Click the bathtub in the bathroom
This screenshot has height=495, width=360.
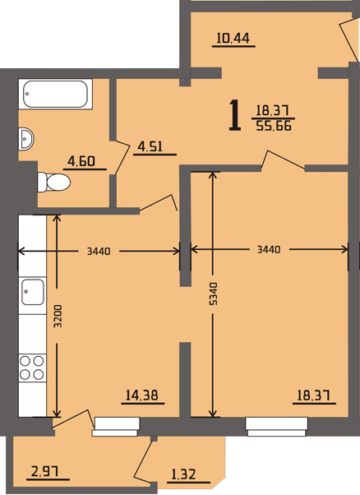[x=56, y=94]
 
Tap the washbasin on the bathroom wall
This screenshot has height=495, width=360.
[x=25, y=139]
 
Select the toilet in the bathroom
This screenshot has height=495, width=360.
[x=53, y=182]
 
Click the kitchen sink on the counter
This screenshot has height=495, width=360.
[x=33, y=292]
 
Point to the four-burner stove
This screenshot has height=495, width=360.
[x=32, y=368]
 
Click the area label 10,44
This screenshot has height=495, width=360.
[x=233, y=38]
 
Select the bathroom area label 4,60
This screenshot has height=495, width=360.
[x=81, y=161]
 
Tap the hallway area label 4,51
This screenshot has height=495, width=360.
[x=150, y=146]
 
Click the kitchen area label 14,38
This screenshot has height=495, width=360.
[x=142, y=395]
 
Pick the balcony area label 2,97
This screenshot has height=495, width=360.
[x=45, y=472]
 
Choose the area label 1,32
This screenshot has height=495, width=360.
[x=183, y=474]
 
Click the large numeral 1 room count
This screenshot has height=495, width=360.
[x=235, y=115]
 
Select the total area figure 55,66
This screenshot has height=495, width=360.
[x=274, y=127]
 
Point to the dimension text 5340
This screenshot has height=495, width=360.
[x=214, y=294]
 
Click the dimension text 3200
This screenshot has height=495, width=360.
[x=58, y=316]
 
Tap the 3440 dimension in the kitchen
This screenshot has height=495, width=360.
[x=99, y=252]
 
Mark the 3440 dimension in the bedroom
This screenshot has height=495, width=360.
[x=269, y=250]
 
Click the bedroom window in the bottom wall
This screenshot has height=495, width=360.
[x=276, y=427]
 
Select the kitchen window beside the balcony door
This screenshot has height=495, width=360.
[x=116, y=427]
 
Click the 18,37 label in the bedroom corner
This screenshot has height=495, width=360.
[x=314, y=395]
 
